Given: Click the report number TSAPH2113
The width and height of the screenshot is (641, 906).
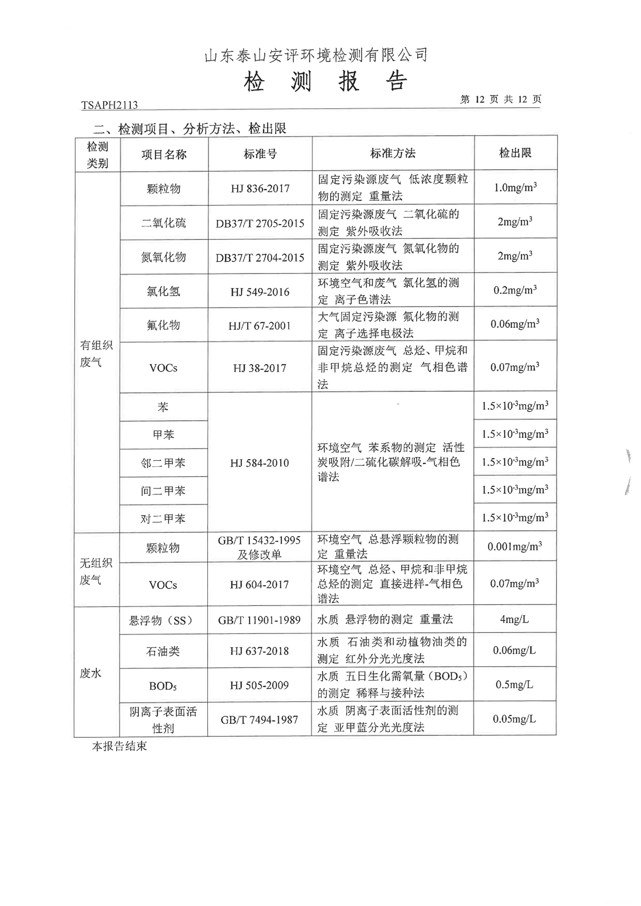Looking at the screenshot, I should click(109, 106).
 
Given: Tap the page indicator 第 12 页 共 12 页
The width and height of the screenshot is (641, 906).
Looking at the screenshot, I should click(500, 100).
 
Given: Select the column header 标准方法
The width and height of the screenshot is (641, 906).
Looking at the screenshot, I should click(393, 154).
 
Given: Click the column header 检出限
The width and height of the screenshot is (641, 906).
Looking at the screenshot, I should click(515, 153).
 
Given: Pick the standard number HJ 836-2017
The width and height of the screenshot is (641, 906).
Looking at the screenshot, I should click(260, 188).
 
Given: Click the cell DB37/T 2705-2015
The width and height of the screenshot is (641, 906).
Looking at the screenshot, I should click(260, 223).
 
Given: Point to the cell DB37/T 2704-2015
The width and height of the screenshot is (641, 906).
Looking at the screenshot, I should click(260, 257).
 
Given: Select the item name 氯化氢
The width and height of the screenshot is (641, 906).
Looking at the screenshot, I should click(163, 292).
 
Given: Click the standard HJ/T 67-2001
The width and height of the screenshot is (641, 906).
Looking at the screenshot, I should click(260, 326).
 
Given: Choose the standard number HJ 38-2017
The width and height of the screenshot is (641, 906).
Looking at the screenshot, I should click(260, 368).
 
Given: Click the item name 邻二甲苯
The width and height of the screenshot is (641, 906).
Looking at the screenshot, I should click(163, 463).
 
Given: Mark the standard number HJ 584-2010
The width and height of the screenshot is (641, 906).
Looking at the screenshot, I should click(260, 463).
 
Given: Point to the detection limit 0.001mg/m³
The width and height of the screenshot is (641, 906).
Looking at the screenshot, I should click(514, 546).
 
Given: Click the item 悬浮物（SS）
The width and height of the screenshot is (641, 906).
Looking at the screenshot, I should click(161, 620).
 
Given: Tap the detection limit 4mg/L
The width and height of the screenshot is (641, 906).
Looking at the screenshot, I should click(514, 619).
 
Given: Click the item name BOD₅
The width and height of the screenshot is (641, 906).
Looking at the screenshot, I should click(163, 686).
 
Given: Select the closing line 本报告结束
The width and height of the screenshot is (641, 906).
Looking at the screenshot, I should click(119, 746).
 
